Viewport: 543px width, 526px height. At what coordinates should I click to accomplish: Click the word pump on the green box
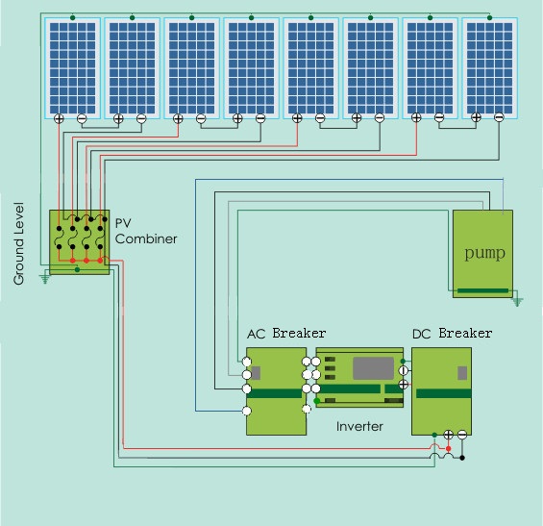(484, 253)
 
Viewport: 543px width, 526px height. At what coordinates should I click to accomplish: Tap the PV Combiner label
(146, 231)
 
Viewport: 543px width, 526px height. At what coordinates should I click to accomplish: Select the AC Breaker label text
(286, 334)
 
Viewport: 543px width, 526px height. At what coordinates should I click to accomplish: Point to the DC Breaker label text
(453, 334)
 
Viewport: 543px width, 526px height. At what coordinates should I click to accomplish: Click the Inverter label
(359, 426)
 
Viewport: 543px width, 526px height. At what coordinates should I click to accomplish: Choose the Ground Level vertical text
(19, 243)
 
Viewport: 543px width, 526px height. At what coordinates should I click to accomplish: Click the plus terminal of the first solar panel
(60, 118)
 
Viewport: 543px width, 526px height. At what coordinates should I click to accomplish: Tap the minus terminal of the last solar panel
(499, 117)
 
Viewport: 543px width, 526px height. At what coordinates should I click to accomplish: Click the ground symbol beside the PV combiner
(44, 279)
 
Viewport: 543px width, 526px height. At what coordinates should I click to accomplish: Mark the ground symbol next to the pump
(517, 301)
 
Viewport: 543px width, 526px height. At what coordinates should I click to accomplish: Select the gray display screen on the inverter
(373, 368)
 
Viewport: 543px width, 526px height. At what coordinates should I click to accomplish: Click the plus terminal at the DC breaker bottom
(449, 435)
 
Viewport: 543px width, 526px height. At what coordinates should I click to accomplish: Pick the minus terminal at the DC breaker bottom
(462, 435)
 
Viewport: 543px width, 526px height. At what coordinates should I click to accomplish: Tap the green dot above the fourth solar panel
(252, 17)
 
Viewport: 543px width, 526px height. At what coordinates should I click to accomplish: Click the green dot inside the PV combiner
(78, 269)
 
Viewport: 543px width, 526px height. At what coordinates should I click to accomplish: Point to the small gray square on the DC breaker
(462, 373)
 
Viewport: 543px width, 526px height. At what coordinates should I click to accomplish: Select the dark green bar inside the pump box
(482, 290)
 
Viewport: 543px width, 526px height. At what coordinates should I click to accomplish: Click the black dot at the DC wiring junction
(462, 458)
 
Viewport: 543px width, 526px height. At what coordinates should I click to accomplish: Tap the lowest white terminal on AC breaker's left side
(247, 412)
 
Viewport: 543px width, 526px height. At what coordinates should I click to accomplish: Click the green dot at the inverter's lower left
(316, 401)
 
